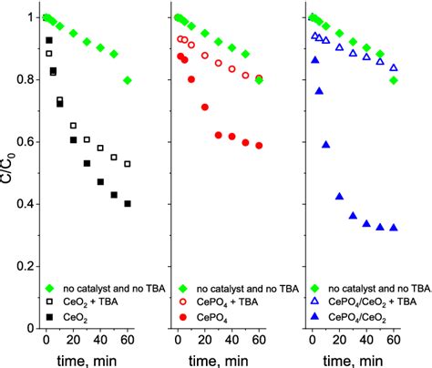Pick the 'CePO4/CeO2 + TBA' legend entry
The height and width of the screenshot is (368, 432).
[376, 299]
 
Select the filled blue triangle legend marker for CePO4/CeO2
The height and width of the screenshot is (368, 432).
[317, 313]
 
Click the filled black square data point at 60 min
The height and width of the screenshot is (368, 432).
[128, 203]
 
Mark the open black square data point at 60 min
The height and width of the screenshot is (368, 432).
[128, 164]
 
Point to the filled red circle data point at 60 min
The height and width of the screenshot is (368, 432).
[260, 146]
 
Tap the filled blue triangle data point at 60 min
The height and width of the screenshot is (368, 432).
[393, 228]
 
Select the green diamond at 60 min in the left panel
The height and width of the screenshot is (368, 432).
[128, 80]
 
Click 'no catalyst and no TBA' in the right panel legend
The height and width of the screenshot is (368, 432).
[376, 284]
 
